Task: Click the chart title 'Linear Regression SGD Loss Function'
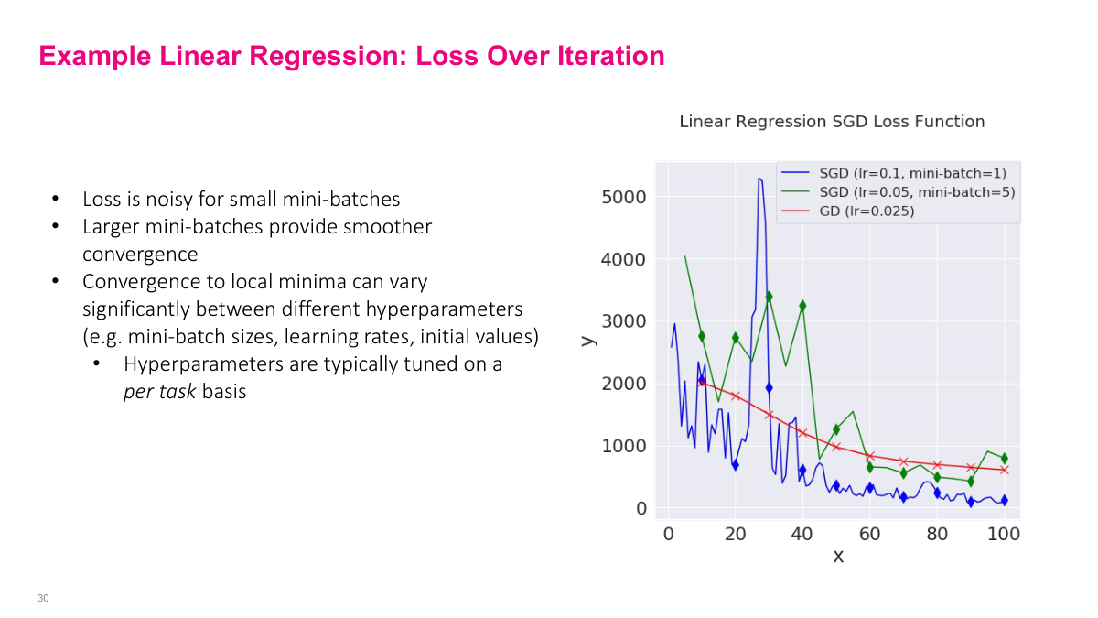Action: click(832, 122)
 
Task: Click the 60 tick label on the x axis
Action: click(870, 533)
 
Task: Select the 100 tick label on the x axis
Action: click(1004, 533)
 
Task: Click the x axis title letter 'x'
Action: click(837, 556)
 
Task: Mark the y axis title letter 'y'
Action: click(588, 340)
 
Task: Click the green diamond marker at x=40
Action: click(802, 306)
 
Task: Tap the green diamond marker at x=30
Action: click(769, 296)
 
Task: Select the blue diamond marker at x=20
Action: click(735, 464)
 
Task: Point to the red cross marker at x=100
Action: click(1004, 470)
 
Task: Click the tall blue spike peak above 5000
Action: click(759, 179)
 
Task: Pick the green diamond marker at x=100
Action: click(1004, 458)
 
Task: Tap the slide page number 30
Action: click(43, 598)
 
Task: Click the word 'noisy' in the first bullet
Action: click(147, 199)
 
